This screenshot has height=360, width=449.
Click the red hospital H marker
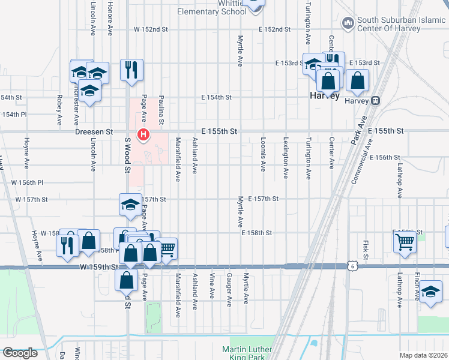pos(143,134)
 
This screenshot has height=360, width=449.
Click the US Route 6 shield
pos(352,265)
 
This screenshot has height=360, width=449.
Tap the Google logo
pos(19,353)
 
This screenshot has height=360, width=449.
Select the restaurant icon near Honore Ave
pos(130,70)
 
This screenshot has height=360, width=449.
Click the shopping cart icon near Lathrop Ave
pos(405,242)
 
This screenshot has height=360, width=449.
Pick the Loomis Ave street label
pos(263,154)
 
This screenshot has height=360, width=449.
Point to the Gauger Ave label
pos(229,290)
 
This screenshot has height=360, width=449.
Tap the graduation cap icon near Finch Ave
pos(430,291)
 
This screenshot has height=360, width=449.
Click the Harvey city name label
pos(325,96)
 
